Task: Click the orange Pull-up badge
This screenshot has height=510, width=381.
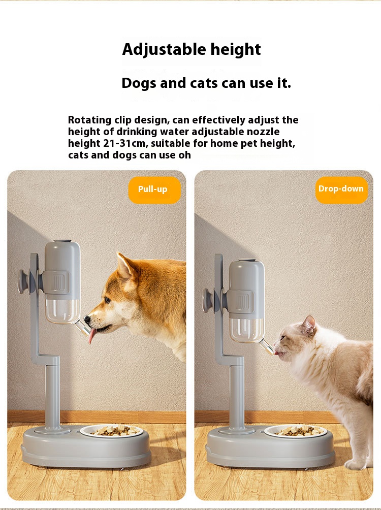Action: [x=154, y=190]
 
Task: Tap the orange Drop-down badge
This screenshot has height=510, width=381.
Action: [x=341, y=190]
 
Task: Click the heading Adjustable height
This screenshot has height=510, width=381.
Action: [x=192, y=50]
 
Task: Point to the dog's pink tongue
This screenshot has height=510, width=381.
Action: [x=92, y=336]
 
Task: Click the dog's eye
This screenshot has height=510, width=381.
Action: [x=107, y=300]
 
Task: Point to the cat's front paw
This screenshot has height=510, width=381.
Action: [x=356, y=464]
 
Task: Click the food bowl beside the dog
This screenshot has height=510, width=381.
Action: [x=112, y=431]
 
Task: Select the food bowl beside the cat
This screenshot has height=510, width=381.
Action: [x=296, y=431]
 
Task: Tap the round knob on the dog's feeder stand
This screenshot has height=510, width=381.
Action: [x=23, y=282]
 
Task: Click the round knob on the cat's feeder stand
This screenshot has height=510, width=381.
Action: [x=207, y=300]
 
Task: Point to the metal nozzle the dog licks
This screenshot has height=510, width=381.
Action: [x=83, y=328]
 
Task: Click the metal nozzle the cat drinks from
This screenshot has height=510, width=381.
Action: [x=267, y=346]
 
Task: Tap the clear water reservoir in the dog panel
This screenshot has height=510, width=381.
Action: [x=62, y=310]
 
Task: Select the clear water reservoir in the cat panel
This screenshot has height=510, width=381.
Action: [x=246, y=330]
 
